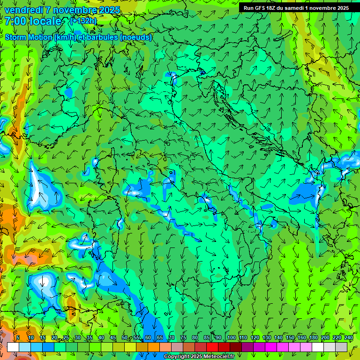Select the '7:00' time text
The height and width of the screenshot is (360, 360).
[x=15, y=21]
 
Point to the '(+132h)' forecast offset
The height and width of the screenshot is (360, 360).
[x=83, y=21]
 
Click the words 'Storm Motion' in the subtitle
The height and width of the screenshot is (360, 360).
[x=28, y=37]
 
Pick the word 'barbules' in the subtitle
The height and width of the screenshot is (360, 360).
[x=102, y=37]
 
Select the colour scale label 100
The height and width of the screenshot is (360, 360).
[x=231, y=338]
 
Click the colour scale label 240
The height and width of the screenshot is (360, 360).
[x=348, y=338]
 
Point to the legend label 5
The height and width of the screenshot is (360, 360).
[x=18, y=338]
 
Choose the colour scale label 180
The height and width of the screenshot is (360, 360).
[x=313, y=338]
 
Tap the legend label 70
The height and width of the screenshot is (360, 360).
[x=172, y=338]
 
